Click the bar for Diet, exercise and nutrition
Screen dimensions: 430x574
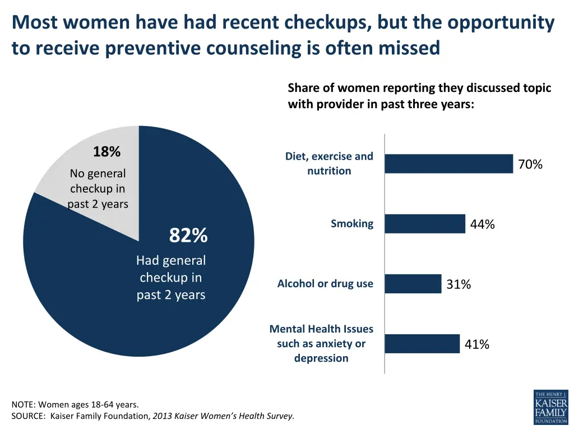pyautogui.click(x=448, y=163)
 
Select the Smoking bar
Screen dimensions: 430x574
pyautogui.click(x=425, y=223)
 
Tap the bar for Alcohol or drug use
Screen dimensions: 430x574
pyautogui.click(x=413, y=283)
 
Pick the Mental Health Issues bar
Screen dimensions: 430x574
pyautogui.click(x=422, y=344)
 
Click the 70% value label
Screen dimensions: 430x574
pyautogui.click(x=530, y=164)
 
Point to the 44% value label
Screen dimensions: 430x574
pyautogui.click(x=482, y=225)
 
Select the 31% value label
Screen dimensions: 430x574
pyautogui.click(x=459, y=284)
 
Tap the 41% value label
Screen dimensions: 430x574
pyautogui.click(x=477, y=344)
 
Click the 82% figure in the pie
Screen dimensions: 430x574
pyautogui.click(x=188, y=236)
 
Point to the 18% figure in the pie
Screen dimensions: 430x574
pyautogui.click(x=107, y=152)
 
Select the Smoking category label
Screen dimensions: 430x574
pyautogui.click(x=351, y=223)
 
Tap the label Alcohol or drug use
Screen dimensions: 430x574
pyautogui.click(x=325, y=283)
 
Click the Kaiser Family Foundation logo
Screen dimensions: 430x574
pyautogui.click(x=550, y=407)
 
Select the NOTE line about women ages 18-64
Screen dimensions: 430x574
pyautogui.click(x=75, y=404)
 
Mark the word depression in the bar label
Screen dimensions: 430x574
pyautogui.click(x=321, y=358)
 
